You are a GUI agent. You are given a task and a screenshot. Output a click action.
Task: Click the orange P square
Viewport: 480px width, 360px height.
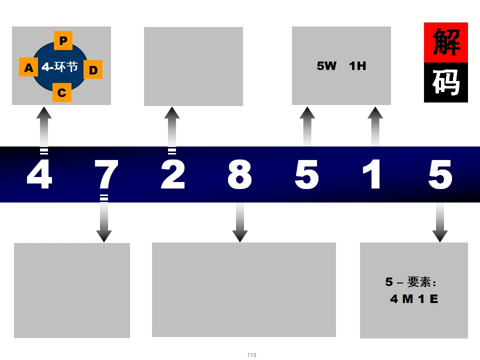(63, 40)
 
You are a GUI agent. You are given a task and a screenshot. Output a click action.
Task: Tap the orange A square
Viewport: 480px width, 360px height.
(28, 67)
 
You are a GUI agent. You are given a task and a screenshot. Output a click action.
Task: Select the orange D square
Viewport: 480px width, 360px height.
(93, 69)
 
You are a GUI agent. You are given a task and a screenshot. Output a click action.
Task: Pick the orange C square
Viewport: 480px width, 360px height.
(62, 92)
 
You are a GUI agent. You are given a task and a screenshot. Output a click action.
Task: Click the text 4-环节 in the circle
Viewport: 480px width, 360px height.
(60, 66)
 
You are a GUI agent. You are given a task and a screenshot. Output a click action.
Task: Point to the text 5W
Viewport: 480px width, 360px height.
(326, 65)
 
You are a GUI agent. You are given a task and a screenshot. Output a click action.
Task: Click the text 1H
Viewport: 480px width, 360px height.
(357, 65)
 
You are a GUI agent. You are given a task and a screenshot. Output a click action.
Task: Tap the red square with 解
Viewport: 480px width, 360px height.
(446, 42)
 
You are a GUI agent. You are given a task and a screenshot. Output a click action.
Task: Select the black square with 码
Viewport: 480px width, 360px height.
(446, 82)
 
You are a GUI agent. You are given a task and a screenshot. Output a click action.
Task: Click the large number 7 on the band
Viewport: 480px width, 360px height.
(106, 175)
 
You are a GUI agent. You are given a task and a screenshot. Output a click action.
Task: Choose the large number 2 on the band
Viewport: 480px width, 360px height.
(173, 175)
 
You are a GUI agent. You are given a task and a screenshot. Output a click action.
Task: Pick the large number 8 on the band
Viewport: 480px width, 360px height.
(239, 175)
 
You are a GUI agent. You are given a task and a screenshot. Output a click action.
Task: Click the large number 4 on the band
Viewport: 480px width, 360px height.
(39, 175)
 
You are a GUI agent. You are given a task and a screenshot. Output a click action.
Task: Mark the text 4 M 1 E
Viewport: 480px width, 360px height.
(414, 299)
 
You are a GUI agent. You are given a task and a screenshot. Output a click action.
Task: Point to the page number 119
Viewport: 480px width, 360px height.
(251, 355)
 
